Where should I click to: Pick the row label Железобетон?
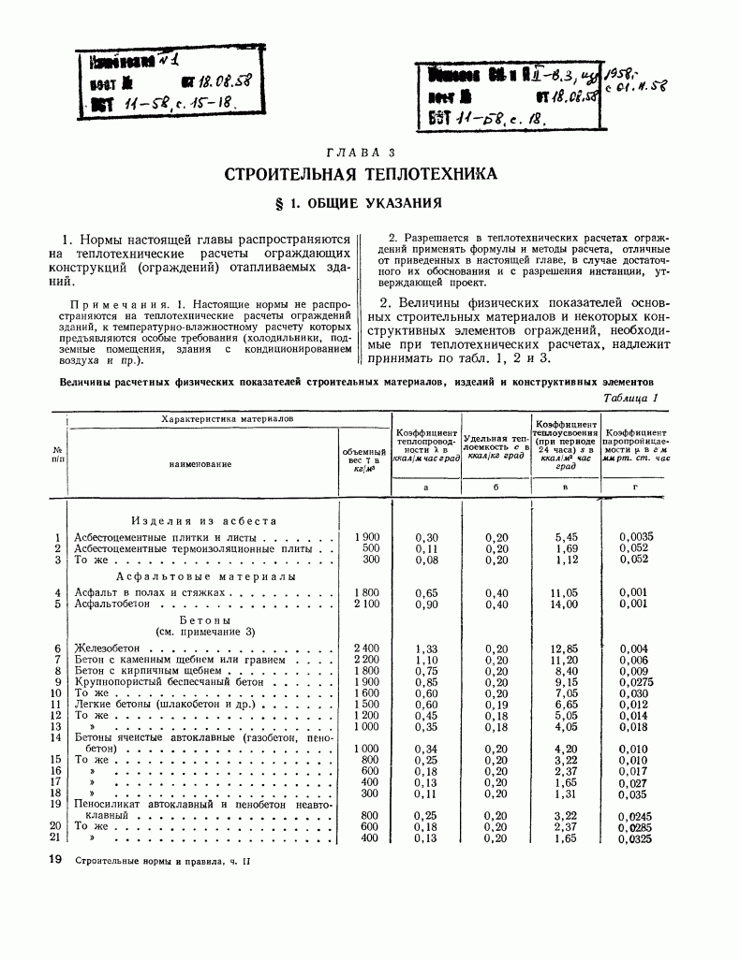(x=109, y=648)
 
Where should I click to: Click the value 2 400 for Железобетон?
(x=364, y=648)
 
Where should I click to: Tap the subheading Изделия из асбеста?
(x=203, y=520)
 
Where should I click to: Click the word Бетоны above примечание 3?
(x=200, y=620)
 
